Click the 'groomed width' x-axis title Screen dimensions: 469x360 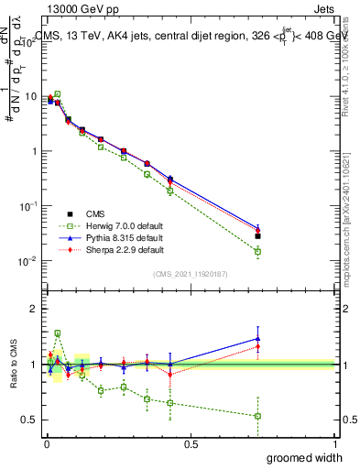click(x=305, y=458)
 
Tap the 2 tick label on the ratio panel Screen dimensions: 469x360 click(x=35, y=309)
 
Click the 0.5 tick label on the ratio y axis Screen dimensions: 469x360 click(x=30, y=420)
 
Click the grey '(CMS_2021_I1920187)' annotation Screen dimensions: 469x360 click(x=191, y=274)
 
